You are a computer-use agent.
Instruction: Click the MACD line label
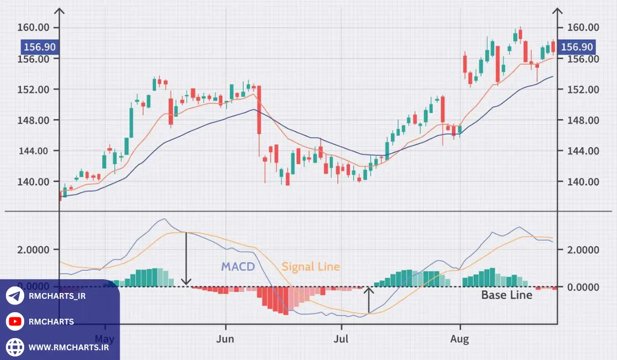tap(238, 266)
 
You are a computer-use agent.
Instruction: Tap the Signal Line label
tap(311, 266)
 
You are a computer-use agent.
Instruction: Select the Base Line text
tap(506, 295)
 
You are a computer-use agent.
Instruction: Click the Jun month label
tap(225, 339)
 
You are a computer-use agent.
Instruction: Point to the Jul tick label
tap(341, 339)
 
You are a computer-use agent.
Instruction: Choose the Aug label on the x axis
tap(460, 339)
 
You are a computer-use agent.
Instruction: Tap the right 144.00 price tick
tap(580, 151)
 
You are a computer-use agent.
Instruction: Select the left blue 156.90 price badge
tap(39, 47)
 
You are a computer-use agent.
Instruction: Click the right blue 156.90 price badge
tap(577, 47)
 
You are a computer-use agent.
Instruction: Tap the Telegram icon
tap(15, 296)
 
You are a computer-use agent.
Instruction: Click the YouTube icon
tap(15, 321)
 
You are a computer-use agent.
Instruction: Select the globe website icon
tap(15, 347)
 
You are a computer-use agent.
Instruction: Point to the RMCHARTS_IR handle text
tap(57, 296)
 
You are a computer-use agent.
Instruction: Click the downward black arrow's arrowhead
tap(187, 282)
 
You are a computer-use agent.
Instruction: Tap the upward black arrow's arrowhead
tap(369, 291)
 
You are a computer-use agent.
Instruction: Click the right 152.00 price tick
tap(580, 89)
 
